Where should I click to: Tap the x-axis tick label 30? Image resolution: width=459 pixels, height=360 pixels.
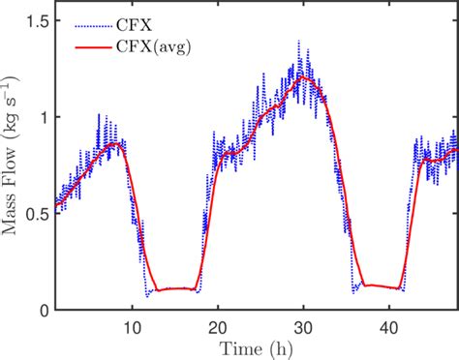tap(303, 326)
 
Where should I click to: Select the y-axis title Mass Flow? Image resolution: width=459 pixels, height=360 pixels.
tap(14, 165)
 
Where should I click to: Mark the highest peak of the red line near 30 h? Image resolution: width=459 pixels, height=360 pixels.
tap(302, 76)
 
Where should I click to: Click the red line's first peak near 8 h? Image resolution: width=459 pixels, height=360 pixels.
tap(116, 144)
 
